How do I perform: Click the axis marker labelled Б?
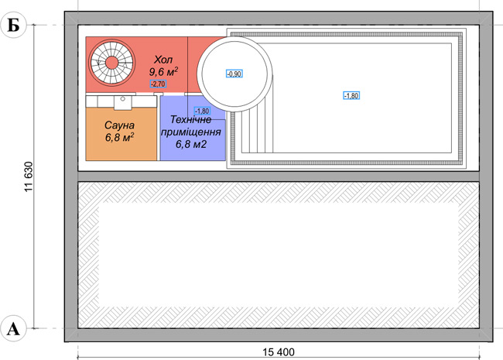[x=13, y=25]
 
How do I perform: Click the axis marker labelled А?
[x=13, y=328]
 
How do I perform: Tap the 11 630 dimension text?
[x=29, y=177]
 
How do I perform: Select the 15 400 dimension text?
[x=279, y=352]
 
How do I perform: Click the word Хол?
[x=163, y=60]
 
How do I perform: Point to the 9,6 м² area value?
[x=163, y=72]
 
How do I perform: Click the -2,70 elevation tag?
[x=158, y=84]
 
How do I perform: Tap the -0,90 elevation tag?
[x=234, y=74]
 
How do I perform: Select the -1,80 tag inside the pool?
[x=351, y=96]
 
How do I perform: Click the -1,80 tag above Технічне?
[x=202, y=111]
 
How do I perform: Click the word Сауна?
[x=119, y=125]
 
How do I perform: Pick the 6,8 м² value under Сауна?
[x=119, y=137]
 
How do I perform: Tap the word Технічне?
[x=191, y=120]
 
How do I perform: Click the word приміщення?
[x=191, y=132]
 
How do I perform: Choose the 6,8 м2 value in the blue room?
[x=191, y=144]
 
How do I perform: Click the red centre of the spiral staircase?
[x=111, y=63]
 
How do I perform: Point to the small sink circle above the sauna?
[x=122, y=99]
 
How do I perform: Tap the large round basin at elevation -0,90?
[x=234, y=74]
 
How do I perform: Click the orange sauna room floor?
[x=121, y=134]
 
